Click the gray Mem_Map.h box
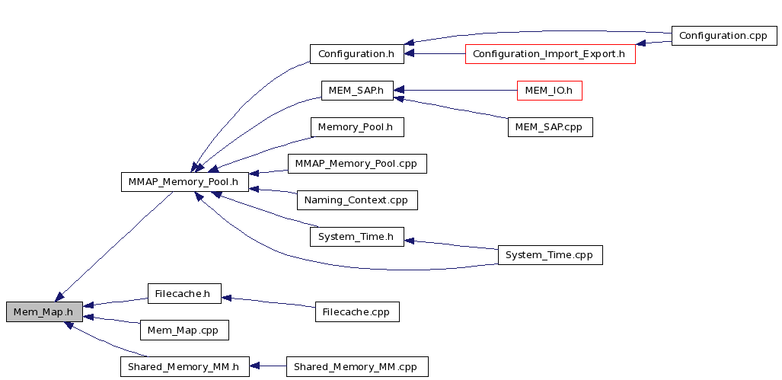(x=44, y=311)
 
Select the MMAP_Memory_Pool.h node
(x=184, y=181)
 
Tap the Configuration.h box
(x=356, y=54)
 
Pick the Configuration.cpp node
(x=724, y=36)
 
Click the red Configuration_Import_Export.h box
(x=550, y=54)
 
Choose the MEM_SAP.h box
(x=357, y=91)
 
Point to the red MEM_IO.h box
(x=549, y=91)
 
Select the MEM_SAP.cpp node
(x=550, y=127)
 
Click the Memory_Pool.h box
(x=356, y=127)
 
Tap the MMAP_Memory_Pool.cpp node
(x=357, y=164)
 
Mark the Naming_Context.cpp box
(x=357, y=200)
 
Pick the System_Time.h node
(x=356, y=236)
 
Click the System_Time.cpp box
(x=550, y=255)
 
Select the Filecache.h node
(x=184, y=293)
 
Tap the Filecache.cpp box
(x=357, y=311)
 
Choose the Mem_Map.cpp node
(x=184, y=331)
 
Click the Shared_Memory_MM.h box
(x=184, y=366)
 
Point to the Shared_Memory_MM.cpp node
(x=357, y=366)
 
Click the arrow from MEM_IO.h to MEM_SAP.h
(x=455, y=91)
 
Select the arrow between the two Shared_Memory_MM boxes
(x=268, y=366)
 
